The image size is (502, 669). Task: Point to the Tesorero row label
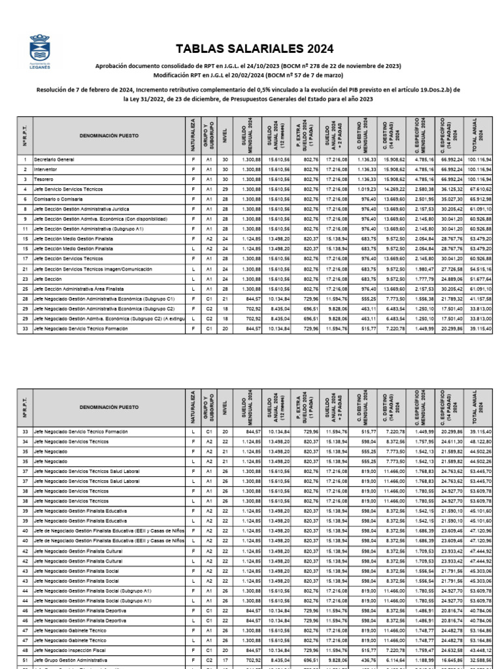click(x=43, y=178)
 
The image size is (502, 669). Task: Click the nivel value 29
click(x=226, y=189)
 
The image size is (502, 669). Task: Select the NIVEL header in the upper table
click(x=226, y=137)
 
